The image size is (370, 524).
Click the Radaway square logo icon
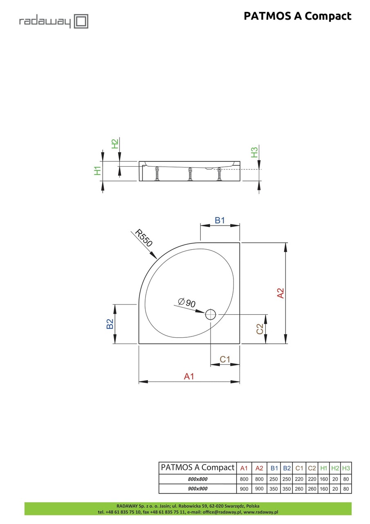(81, 21)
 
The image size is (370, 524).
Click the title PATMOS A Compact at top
(297, 16)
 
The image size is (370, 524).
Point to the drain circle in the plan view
(211, 314)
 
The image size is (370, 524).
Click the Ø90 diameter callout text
(186, 303)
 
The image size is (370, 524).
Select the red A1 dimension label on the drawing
(189, 376)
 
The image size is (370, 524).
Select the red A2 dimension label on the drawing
(280, 293)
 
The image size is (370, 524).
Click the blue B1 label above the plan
(220, 220)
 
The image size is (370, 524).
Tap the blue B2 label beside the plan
(110, 324)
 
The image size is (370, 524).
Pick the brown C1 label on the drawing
(225, 359)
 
